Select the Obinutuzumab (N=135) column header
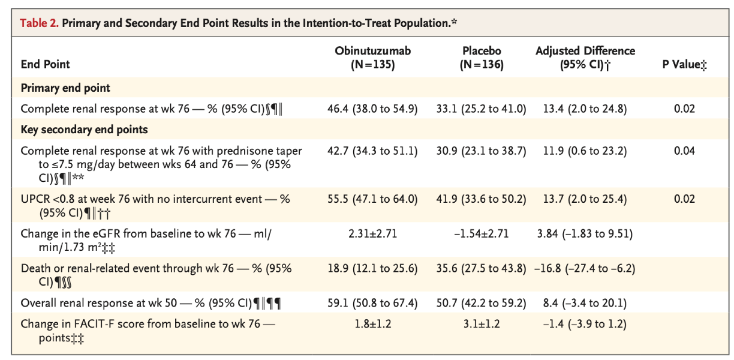pos(372,58)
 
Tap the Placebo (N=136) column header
pos(482,58)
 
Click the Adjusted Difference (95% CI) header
pos(585,58)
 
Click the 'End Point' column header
pos(46,65)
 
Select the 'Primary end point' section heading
pos(65,88)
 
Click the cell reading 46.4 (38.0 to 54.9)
pos(372,109)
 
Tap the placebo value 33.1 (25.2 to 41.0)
pos(482,109)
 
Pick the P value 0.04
pos(684,151)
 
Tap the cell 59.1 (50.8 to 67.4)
pos(372,304)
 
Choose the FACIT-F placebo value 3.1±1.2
pos(482,325)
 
